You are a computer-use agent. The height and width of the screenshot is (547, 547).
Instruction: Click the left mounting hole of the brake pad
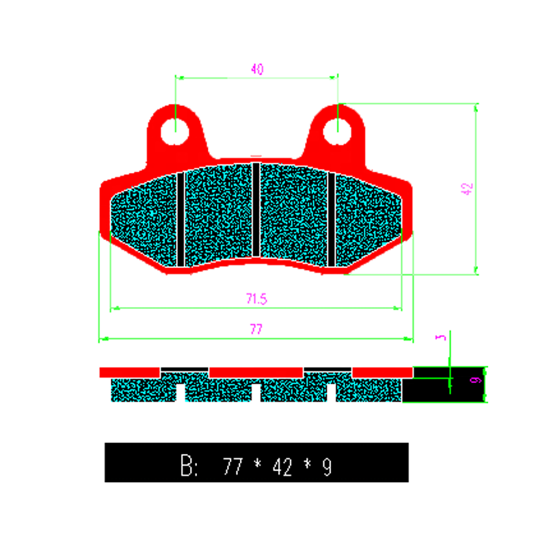point(175,129)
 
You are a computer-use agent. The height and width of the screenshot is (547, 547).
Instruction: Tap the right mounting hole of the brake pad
point(336,129)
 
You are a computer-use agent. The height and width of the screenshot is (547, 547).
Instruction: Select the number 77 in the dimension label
point(233,467)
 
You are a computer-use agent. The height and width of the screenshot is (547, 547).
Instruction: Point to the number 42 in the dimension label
point(282,467)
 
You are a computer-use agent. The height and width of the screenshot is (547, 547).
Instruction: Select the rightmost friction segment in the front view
point(366,220)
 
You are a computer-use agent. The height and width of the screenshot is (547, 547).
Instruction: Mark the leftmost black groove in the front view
point(181,219)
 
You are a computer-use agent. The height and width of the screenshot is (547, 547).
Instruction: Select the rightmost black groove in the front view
point(332,219)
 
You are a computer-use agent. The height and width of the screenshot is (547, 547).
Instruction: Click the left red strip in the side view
point(130,372)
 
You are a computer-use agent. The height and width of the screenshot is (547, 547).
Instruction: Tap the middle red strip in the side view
point(256,372)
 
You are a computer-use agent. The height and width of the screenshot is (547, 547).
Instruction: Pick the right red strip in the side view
point(382,372)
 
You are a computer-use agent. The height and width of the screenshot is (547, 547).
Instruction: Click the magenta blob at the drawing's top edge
point(258,68)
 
